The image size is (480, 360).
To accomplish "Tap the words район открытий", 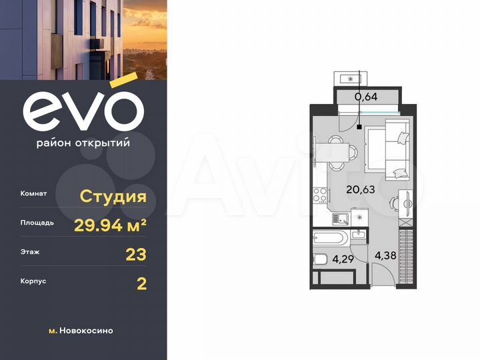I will point(83,141).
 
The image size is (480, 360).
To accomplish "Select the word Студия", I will point(113,196).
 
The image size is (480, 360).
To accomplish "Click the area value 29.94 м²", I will point(110,225).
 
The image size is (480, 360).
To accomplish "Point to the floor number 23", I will point(136,254).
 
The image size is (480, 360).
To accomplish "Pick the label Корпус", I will point(34,283).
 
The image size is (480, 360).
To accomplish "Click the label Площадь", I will point(37,223).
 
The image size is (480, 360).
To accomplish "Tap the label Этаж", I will point(30,253).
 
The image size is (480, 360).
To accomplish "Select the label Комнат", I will point(34,194).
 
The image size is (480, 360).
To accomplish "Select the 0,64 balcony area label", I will point(365,97).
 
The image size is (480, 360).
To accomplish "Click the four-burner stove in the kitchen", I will point(319,195).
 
